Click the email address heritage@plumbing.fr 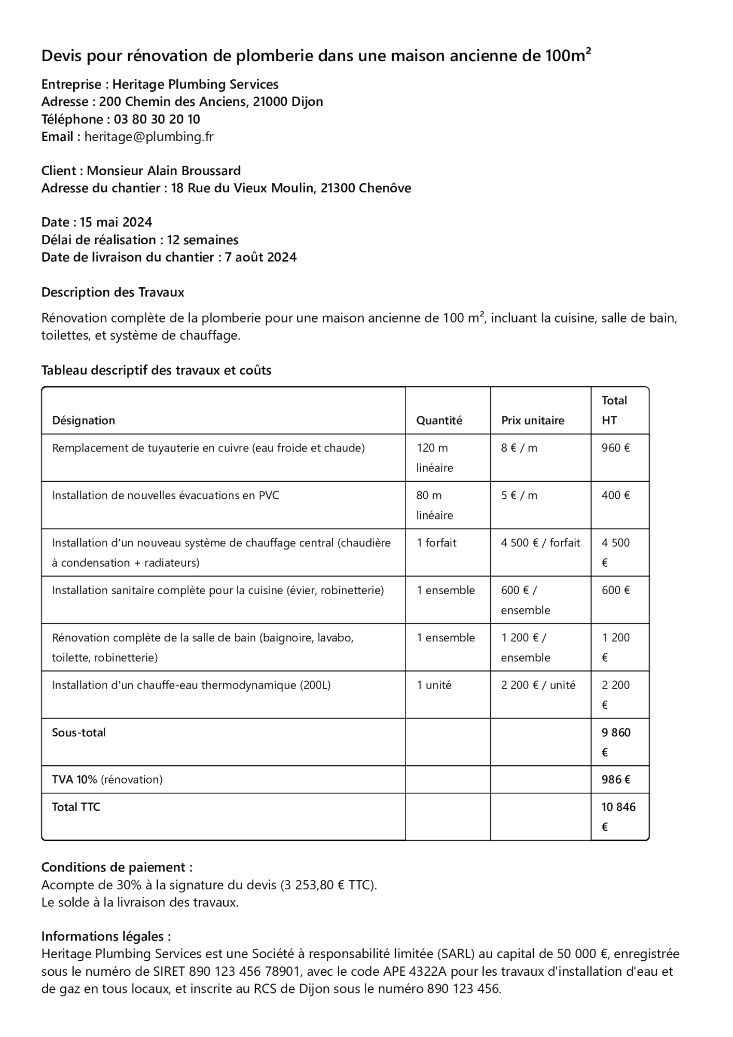[149, 137]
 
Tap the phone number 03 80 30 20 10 [157, 119]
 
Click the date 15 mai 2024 [116, 222]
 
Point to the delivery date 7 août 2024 [261, 257]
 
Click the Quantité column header [439, 421]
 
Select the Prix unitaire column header [532, 421]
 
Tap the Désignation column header [84, 421]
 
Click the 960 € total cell [616, 448]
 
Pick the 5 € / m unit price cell [519, 495]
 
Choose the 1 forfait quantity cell [436, 543]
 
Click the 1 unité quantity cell [434, 685]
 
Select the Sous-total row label [79, 733]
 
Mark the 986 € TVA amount [616, 780]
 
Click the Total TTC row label [76, 807]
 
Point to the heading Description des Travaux [113, 292]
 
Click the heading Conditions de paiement [117, 867]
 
